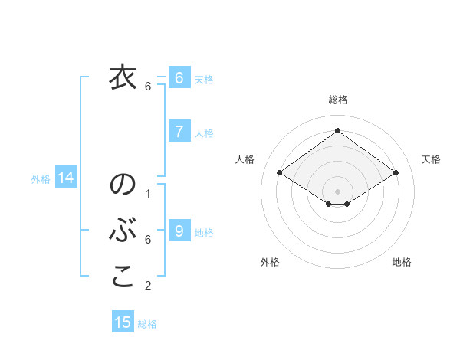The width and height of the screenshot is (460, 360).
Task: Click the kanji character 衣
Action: (122, 78)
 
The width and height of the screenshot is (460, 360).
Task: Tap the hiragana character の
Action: (123, 185)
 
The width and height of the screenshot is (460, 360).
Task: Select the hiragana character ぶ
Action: (123, 231)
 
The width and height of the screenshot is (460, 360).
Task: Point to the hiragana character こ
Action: (123, 277)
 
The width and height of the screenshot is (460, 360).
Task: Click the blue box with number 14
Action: (66, 178)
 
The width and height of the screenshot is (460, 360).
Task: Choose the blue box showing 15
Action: (123, 322)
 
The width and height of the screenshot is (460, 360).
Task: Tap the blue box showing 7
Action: (179, 132)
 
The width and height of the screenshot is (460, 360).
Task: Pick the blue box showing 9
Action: (179, 231)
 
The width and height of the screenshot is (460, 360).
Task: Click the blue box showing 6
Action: (179, 78)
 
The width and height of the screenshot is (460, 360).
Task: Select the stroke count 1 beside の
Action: (148, 194)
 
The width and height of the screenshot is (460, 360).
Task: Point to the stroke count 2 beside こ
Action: (148, 286)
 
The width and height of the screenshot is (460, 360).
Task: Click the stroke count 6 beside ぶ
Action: (148, 240)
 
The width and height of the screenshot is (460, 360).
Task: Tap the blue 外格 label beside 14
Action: (41, 179)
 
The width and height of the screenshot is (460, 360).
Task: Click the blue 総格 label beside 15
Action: (147, 324)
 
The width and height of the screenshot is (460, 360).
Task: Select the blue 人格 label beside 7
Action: (204, 133)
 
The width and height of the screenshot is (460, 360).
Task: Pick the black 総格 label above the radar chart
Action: (337, 100)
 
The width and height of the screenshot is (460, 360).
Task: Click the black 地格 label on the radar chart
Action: (402, 262)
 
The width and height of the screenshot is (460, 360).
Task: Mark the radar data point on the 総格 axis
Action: (337, 130)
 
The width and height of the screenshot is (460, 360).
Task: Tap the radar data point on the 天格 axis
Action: (396, 173)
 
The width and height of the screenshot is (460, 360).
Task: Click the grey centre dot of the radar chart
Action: (337, 191)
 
